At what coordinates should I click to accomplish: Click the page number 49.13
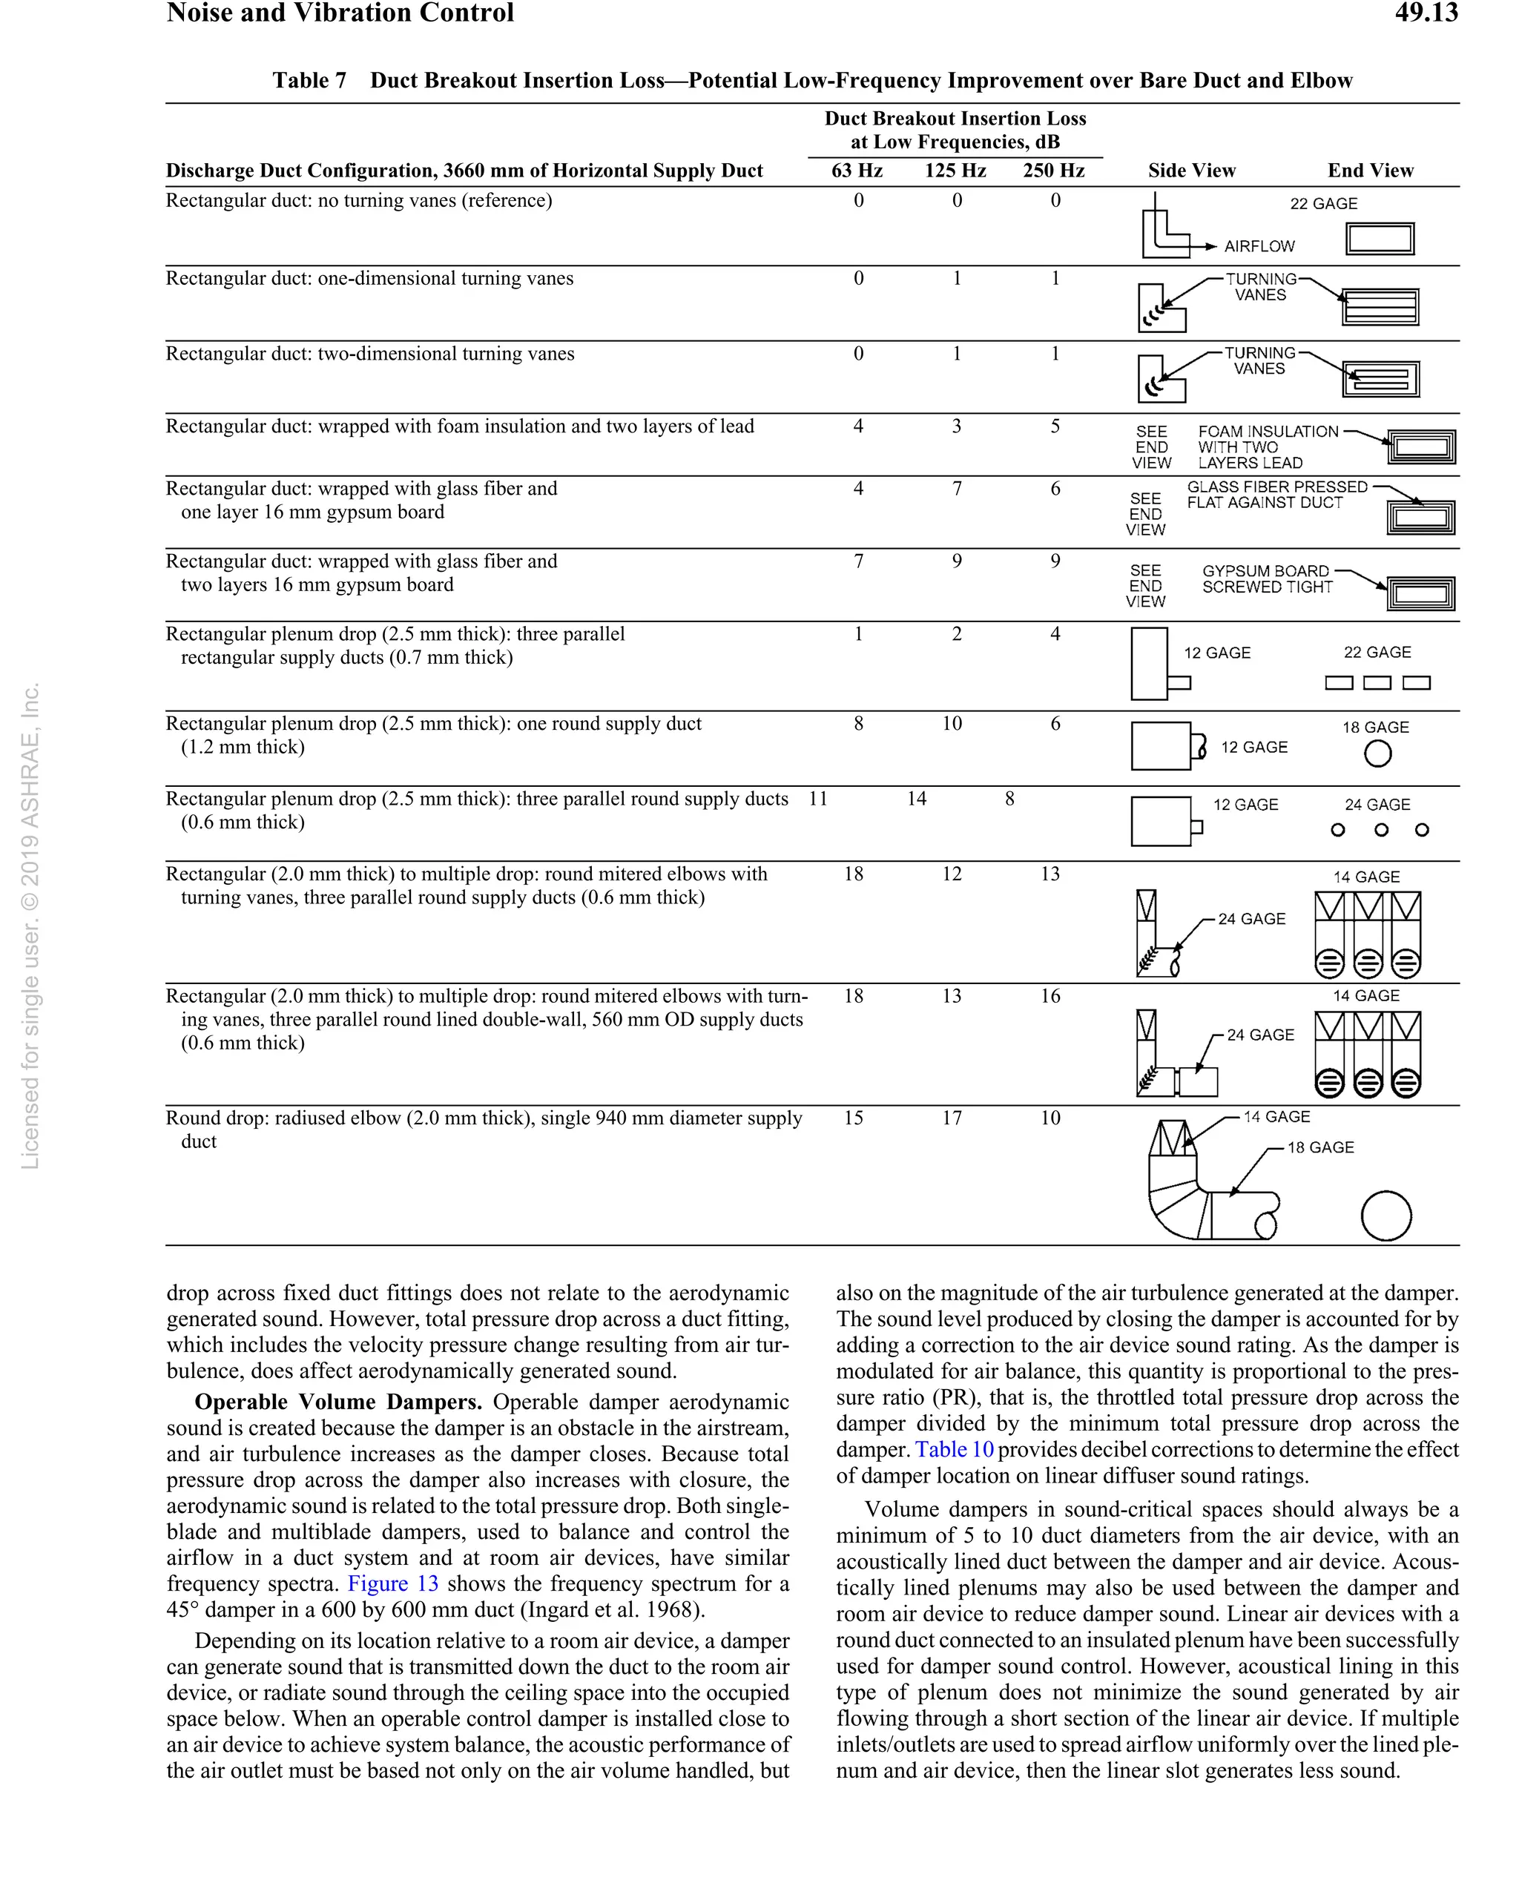(1426, 13)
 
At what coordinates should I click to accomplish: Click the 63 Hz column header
(857, 171)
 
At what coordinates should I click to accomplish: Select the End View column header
(1369, 171)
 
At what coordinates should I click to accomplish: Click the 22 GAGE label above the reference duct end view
(1323, 204)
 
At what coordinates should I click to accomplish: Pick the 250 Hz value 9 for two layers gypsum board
(1055, 561)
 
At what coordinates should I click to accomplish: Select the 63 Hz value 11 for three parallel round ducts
(817, 799)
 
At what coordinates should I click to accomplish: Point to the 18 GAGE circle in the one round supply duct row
(1377, 754)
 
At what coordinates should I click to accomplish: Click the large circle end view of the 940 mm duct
(1386, 1216)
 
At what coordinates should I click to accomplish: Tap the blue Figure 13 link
(393, 1583)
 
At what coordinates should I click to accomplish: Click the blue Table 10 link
(954, 1449)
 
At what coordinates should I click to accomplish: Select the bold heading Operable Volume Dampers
(337, 1402)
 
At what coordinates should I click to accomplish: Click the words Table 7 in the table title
(309, 81)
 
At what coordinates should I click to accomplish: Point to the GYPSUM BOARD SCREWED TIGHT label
(1266, 579)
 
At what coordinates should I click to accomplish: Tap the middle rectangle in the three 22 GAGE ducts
(1377, 683)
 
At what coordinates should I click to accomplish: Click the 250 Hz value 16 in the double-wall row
(1050, 996)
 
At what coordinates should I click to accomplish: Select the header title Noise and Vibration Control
(340, 13)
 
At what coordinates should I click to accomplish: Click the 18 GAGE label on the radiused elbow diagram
(1319, 1148)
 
